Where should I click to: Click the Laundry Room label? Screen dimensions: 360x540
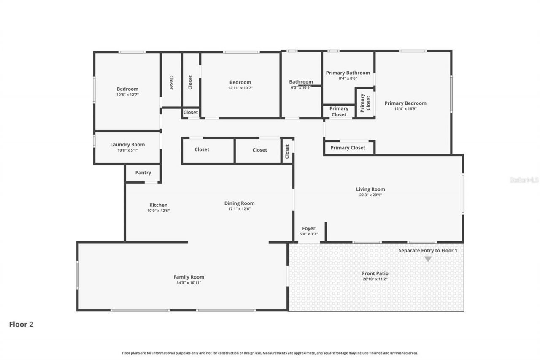(x=127, y=144)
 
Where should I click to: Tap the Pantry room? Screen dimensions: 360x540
(x=143, y=173)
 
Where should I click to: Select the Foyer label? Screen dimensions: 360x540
(x=308, y=228)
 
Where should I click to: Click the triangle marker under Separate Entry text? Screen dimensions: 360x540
(x=428, y=259)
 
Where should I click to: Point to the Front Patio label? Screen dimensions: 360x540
(x=375, y=273)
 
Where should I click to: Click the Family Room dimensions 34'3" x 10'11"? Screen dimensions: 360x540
(x=189, y=283)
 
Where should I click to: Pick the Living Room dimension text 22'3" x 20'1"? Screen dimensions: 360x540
(x=370, y=195)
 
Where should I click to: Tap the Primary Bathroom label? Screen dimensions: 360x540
(x=348, y=73)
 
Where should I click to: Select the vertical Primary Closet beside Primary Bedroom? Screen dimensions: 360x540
(x=365, y=103)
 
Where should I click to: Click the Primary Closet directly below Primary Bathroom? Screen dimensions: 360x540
(x=339, y=111)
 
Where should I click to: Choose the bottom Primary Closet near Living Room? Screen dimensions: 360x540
(x=348, y=148)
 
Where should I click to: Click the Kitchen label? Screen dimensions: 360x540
(x=158, y=205)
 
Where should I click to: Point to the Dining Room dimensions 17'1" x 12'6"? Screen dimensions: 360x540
(x=239, y=209)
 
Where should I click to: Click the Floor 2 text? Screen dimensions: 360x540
(x=21, y=324)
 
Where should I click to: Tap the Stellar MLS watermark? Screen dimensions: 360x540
(x=524, y=180)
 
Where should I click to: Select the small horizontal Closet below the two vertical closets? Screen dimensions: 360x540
(x=190, y=112)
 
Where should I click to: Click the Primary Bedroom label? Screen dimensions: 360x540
(x=405, y=103)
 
